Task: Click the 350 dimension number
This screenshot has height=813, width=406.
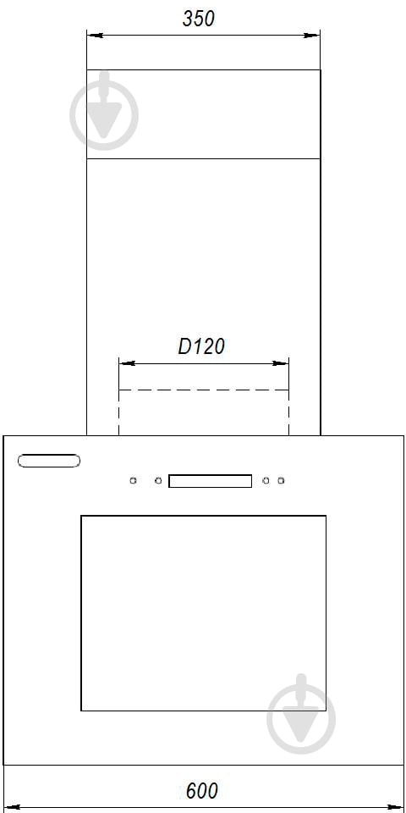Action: coord(198,19)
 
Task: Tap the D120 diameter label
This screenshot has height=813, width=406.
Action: coord(201,346)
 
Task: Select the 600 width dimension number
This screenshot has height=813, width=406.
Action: coord(202,791)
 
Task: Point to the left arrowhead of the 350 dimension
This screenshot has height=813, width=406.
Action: coord(95,36)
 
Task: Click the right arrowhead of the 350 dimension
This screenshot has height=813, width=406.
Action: coord(312,36)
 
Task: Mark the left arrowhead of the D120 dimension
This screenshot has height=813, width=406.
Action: coord(127,363)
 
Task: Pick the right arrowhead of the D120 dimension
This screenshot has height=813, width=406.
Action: coord(280,363)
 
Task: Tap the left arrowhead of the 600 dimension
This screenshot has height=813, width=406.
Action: coord(12,807)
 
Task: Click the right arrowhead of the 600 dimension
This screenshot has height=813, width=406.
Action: coord(395,807)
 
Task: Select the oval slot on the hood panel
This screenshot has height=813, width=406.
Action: coord(49,461)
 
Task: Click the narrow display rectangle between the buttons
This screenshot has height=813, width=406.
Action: coord(211,481)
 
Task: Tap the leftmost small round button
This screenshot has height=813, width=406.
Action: coord(133,481)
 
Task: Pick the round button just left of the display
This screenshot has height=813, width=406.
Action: coord(158,481)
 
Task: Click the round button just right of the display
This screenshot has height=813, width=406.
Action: coord(266,481)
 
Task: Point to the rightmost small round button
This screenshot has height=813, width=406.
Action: coord(281,481)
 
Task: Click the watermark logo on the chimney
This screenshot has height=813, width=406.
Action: coord(104,112)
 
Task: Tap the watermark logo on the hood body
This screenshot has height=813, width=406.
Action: coord(301,714)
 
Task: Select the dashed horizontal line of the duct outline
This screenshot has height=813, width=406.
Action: coord(204,390)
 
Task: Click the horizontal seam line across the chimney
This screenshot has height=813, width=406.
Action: coord(204,158)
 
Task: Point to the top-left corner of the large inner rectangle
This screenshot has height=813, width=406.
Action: coord(81,516)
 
